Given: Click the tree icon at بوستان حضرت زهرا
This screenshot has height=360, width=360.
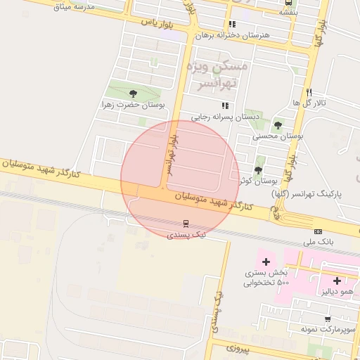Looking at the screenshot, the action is pos(134,93).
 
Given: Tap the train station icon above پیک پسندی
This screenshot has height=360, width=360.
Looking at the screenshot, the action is pos(186,224).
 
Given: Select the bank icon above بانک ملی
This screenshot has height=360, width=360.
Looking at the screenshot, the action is pos(318,231).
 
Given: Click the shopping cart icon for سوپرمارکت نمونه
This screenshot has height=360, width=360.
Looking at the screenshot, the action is pos(328,319).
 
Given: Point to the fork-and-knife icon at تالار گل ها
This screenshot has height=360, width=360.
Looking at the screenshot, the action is pos(308,92).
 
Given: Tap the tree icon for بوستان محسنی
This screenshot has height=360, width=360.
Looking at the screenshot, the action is pos(278,125).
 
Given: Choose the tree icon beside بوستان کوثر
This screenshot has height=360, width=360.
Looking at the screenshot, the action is pos(258,170).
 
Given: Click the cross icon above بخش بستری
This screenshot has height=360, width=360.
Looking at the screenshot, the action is pos(266,262).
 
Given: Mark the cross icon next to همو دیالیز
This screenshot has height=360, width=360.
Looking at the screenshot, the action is pos(337,281).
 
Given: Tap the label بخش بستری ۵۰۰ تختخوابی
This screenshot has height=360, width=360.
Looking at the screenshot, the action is pos(267,277).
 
